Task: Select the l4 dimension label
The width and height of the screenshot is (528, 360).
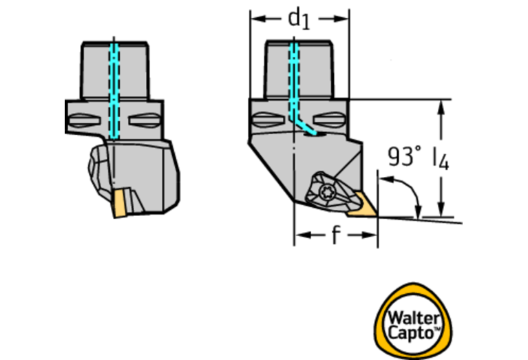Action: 441,160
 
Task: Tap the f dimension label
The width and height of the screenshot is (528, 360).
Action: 335,236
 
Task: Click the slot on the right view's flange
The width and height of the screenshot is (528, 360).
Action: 267,121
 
